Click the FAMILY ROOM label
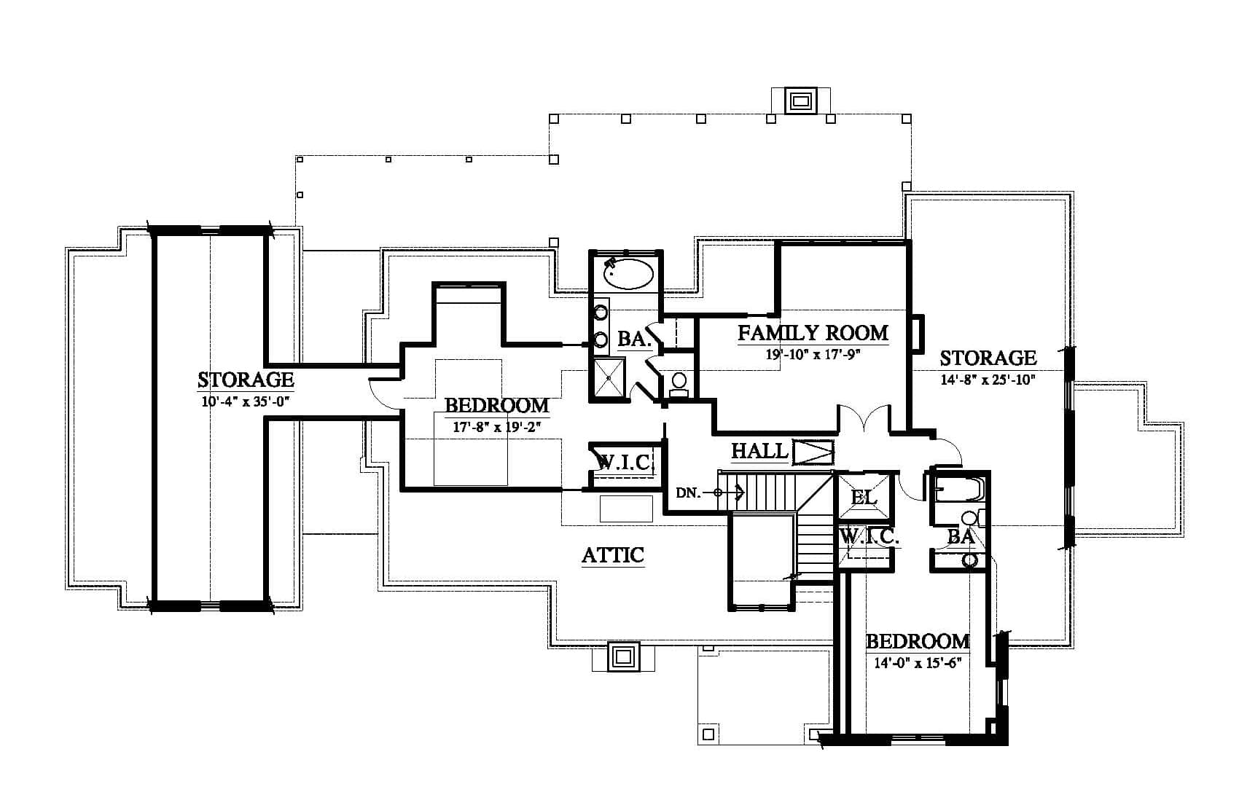point(813,333)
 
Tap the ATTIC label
point(613,554)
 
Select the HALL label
point(759,451)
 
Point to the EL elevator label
point(864,497)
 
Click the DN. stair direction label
point(688,493)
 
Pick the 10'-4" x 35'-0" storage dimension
point(246,401)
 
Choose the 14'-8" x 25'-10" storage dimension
point(988,380)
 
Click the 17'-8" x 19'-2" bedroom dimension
point(497,426)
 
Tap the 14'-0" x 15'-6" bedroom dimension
point(917,662)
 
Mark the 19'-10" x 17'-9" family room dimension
point(813,354)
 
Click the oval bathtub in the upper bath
point(628,274)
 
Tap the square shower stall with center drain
point(609,377)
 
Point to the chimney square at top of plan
point(800,101)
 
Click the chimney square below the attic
point(623,656)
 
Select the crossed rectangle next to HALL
point(813,452)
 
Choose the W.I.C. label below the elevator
point(869,536)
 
